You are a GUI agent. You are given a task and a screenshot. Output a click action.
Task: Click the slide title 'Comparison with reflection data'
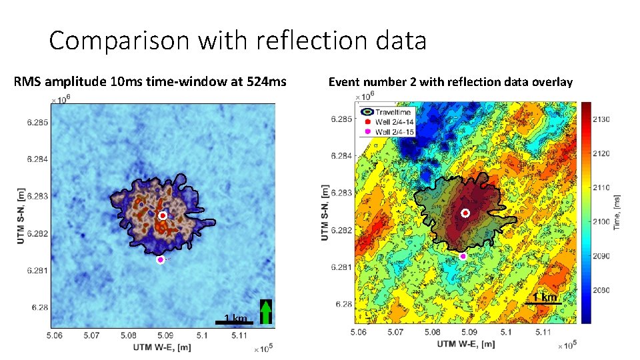pos(237,41)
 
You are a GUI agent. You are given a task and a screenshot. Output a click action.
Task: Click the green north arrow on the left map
pos(267,312)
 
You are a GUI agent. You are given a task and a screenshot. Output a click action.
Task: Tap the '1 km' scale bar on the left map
pos(234,321)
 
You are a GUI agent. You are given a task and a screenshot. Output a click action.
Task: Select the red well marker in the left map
pos(162,216)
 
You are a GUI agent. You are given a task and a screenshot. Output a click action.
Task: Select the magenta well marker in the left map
pos(160,260)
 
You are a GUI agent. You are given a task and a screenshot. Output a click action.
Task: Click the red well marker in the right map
pos(465,213)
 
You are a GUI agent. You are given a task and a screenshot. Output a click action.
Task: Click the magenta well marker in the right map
pos(463,256)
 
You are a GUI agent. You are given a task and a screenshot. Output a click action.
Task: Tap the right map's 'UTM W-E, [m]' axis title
pos(467,344)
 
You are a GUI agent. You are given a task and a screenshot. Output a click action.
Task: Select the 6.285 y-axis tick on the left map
pos(37,123)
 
